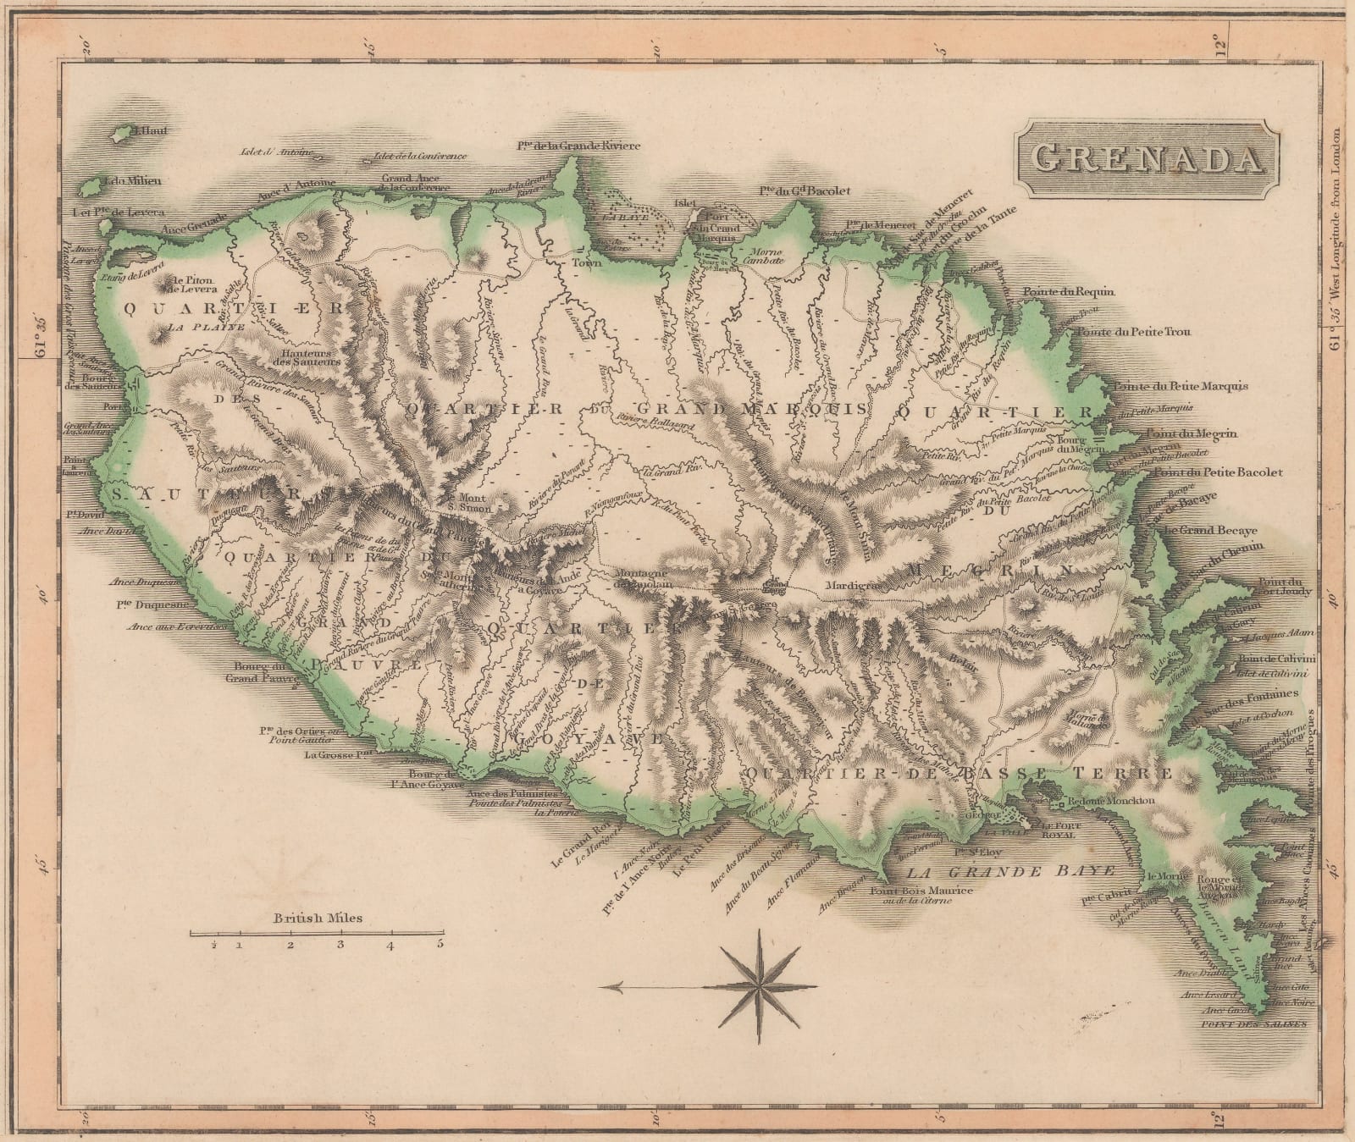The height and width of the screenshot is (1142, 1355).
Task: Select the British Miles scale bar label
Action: tap(318, 917)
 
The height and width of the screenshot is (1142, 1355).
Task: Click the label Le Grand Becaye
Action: tap(1210, 531)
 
